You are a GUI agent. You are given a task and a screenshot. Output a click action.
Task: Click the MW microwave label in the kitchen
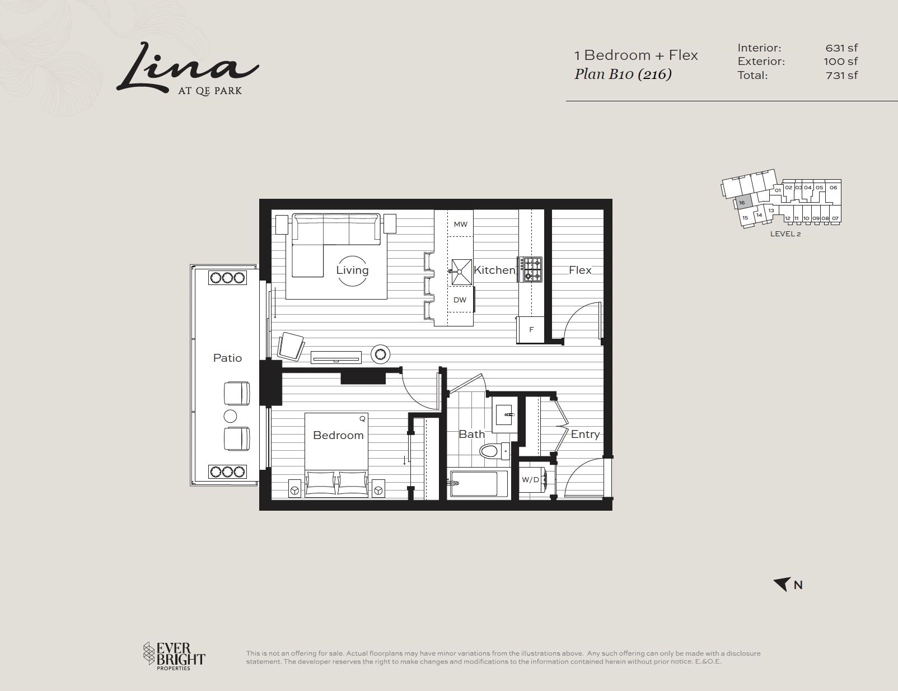(460, 225)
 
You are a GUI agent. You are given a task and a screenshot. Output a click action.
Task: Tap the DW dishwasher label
(460, 300)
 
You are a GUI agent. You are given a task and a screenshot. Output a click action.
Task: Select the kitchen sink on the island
(461, 272)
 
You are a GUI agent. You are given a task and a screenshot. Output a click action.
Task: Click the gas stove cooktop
(530, 269)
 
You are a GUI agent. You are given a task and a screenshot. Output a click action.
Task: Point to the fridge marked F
(531, 330)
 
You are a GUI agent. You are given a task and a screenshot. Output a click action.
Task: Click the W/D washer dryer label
(530, 480)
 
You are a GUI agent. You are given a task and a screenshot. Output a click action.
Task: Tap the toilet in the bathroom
(495, 451)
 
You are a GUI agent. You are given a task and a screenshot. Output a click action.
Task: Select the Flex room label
(580, 270)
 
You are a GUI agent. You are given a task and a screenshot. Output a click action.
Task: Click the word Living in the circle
(352, 270)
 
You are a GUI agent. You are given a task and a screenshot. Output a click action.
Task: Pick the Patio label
(227, 358)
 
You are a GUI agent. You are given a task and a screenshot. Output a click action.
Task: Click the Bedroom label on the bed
(338, 435)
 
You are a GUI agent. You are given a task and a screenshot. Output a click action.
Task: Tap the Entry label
(585, 435)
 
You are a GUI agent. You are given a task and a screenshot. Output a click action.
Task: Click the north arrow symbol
(782, 584)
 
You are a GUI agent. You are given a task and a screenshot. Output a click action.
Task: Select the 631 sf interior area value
(841, 48)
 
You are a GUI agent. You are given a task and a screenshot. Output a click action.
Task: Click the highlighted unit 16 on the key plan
(743, 203)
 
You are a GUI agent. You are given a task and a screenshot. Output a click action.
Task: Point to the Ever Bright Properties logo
(174, 656)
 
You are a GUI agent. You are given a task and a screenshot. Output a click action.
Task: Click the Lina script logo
(188, 69)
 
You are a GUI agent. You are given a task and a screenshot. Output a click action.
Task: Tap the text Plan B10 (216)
(623, 74)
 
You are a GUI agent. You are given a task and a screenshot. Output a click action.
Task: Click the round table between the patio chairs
(230, 416)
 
